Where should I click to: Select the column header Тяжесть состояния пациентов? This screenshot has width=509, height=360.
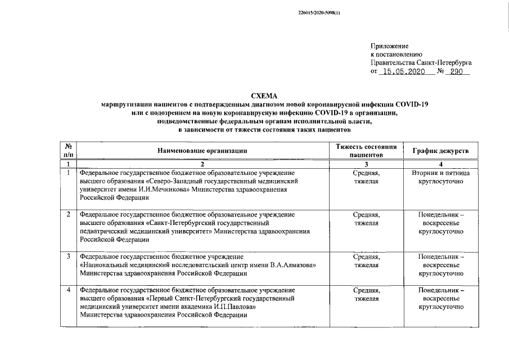pyautogui.click(x=366, y=150)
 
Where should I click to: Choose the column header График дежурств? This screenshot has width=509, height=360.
pyautogui.click(x=441, y=150)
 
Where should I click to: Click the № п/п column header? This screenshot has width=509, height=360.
pyautogui.click(x=68, y=150)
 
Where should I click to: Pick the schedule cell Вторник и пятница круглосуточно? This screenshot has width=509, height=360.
pyautogui.click(x=441, y=178)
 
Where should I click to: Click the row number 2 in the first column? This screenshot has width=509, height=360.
pyautogui.click(x=68, y=215)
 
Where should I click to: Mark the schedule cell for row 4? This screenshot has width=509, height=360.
pyautogui.click(x=441, y=299)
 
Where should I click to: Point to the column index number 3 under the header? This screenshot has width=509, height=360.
pyautogui.click(x=366, y=164)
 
